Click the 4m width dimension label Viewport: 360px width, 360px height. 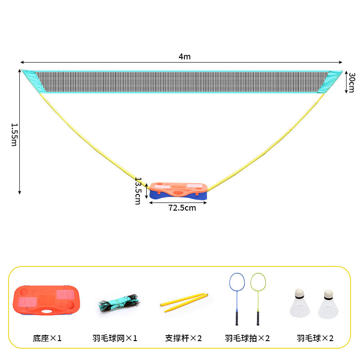tap(184, 57)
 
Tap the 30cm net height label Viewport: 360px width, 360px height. tap(351, 82)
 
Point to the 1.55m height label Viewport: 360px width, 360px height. tap(14, 135)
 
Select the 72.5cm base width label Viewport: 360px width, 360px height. tap(182, 208)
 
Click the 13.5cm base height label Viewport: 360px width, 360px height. tap(138, 191)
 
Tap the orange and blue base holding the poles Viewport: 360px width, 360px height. tap(178, 191)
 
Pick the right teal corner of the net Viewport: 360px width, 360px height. tap(330, 81)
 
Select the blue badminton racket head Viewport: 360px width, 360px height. tap(237, 282)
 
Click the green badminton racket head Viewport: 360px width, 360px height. tap(258, 282)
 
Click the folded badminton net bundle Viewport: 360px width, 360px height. tap(119, 303)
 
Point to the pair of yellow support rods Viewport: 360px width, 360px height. tap(184, 302)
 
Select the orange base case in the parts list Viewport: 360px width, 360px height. tap(47, 300)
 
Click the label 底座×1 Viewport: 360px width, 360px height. tap(47, 338)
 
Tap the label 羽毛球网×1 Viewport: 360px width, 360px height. tap(115, 338)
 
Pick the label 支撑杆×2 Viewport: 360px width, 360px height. tap(183, 338)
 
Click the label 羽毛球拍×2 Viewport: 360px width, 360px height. tap(247, 338)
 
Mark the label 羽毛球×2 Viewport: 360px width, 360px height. tap(315, 338)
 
